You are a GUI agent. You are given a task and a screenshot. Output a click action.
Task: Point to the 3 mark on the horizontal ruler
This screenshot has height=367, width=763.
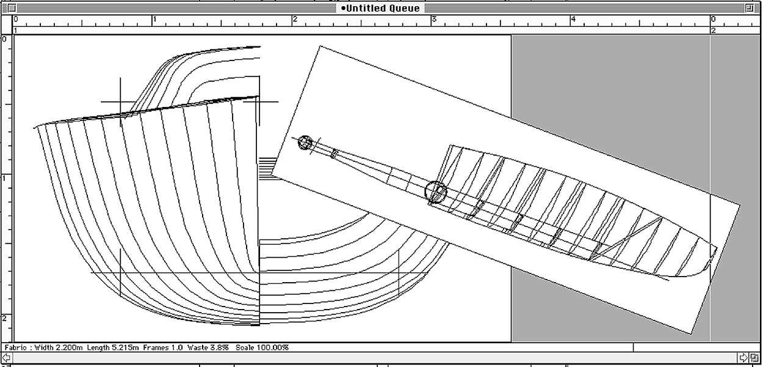(x=434, y=19)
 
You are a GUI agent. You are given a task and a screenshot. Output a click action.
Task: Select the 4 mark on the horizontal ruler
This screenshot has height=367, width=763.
(x=573, y=19)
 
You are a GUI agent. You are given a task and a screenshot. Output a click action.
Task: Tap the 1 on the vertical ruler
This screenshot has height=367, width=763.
(x=5, y=178)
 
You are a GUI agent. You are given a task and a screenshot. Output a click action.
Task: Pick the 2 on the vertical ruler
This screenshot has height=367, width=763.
(x=5, y=318)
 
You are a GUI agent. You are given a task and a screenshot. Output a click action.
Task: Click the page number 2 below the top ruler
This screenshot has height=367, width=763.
(x=713, y=30)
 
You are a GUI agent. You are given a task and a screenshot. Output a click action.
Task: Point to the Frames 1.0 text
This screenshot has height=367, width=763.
(x=163, y=347)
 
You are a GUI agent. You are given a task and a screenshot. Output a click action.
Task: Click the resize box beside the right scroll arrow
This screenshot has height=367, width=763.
(x=755, y=357)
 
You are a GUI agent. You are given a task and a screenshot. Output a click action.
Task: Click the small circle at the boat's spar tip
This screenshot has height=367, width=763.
(x=305, y=143)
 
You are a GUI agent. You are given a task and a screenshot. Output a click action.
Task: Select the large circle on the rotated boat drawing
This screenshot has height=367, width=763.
(x=436, y=191)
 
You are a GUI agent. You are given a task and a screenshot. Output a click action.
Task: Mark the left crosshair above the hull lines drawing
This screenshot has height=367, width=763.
(x=120, y=101)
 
